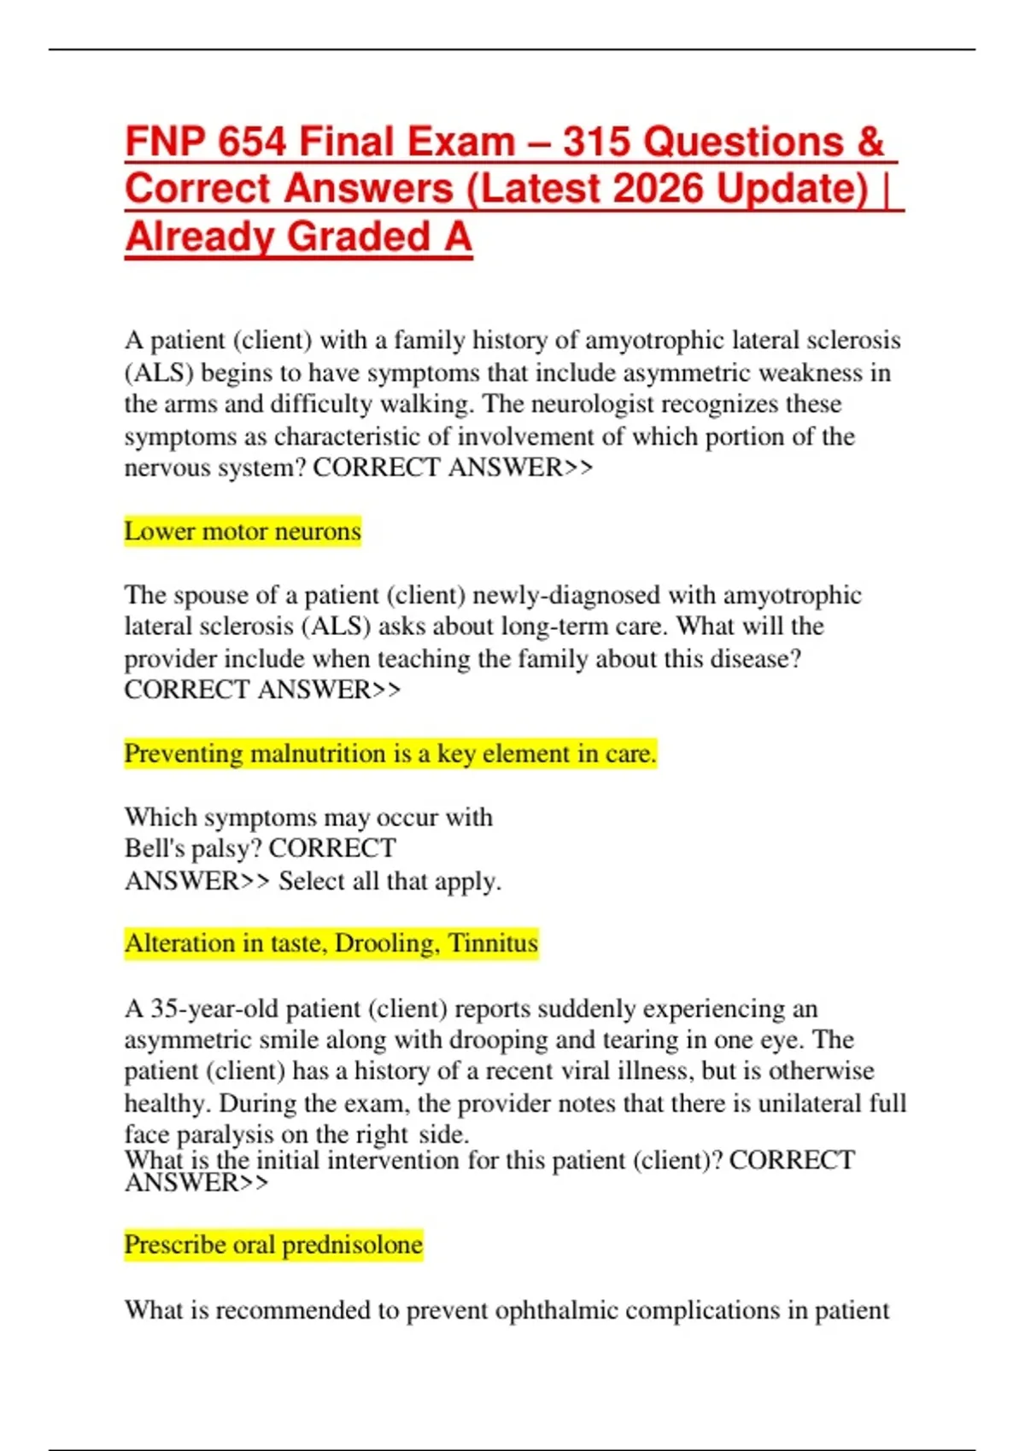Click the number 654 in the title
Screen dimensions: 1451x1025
252,142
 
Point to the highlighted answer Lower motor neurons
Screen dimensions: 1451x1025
243,531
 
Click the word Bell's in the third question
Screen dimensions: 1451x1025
150,848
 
